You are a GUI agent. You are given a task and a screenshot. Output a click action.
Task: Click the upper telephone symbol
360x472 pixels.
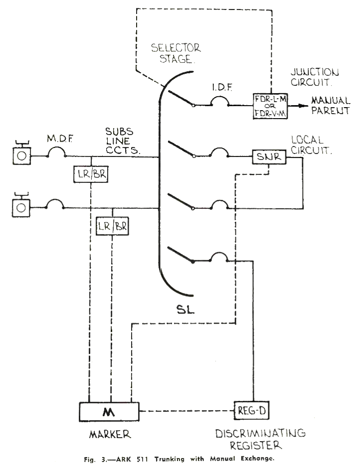coord(20,155)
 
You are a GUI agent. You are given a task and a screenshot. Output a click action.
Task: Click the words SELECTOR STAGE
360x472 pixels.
coord(175,54)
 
